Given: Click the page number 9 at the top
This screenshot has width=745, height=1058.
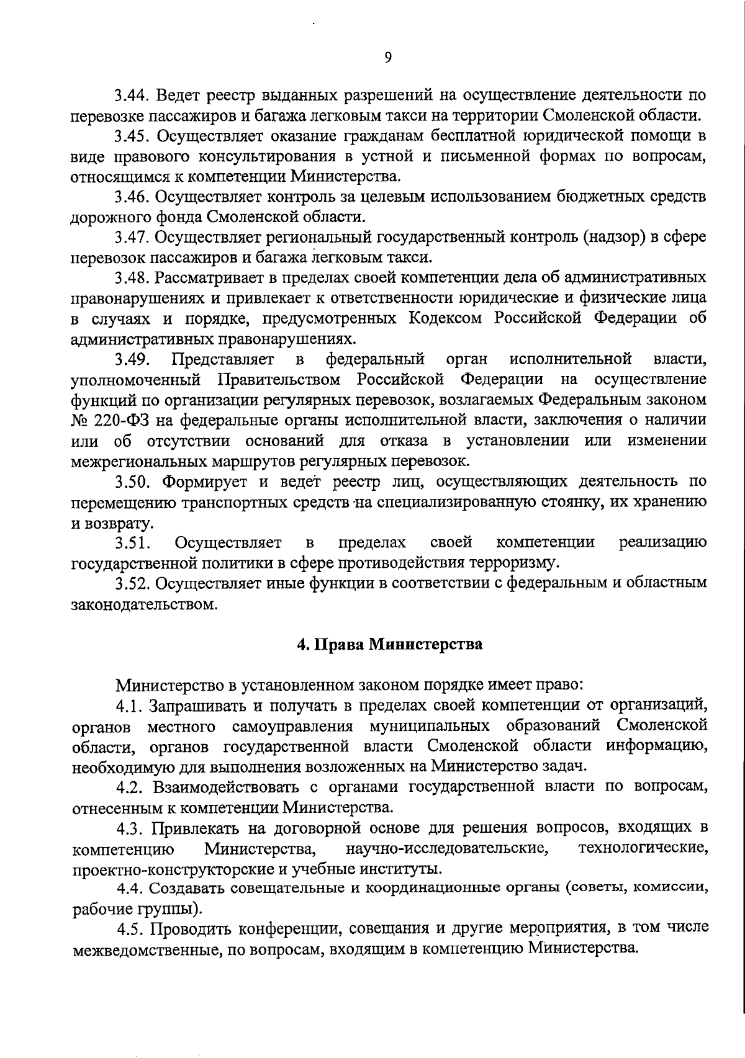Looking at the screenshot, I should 388,57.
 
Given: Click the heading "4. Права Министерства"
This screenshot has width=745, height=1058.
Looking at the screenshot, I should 389,644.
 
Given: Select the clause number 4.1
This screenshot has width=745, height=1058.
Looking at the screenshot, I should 130,706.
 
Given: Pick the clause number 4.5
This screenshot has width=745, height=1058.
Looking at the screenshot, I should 132,929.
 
